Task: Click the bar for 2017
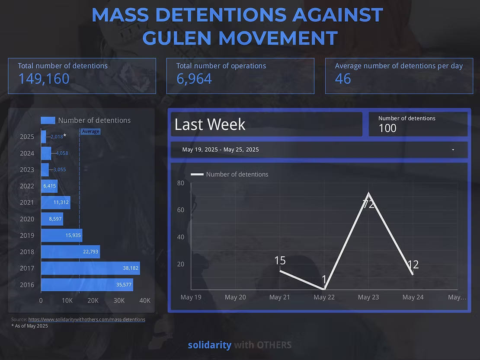(x=90, y=268)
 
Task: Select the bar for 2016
(x=86, y=284)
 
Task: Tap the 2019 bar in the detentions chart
(x=61, y=236)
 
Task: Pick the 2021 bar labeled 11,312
(x=55, y=202)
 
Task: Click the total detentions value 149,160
(x=44, y=79)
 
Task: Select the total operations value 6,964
(x=194, y=79)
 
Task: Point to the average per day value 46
(x=343, y=79)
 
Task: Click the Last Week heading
(x=210, y=124)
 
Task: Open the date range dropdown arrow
(x=453, y=150)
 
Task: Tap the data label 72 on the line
(x=368, y=204)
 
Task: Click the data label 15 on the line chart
(x=280, y=261)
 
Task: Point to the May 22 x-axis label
(x=324, y=297)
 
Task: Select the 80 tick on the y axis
(x=181, y=183)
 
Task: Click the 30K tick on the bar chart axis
(x=119, y=301)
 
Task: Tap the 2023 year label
(x=27, y=169)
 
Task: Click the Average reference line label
(x=91, y=131)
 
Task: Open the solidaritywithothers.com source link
(x=86, y=319)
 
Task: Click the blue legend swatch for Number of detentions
(x=48, y=120)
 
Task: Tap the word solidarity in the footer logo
(x=209, y=345)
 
